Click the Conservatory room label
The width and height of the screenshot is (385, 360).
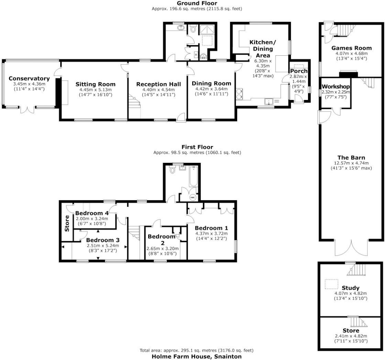coord(29,78)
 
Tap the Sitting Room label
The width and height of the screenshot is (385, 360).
coord(96,84)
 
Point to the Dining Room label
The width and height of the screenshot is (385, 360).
coord(211,83)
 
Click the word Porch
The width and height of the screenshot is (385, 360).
coord(299,71)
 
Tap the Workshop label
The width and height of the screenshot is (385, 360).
coord(336,87)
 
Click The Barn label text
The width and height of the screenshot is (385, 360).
coord(351,158)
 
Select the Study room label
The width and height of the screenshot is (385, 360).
coord(351,288)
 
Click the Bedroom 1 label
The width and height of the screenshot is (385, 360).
coord(211,228)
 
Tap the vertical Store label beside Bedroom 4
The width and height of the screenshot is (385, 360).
coord(67,223)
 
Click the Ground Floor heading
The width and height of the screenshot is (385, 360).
coord(197,3)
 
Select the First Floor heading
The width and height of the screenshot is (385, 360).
coord(197,147)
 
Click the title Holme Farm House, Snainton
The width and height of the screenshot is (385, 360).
coord(197,357)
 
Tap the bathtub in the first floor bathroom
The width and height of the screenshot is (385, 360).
coord(193,177)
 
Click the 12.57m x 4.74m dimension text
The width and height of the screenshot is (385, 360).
coord(351,163)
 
